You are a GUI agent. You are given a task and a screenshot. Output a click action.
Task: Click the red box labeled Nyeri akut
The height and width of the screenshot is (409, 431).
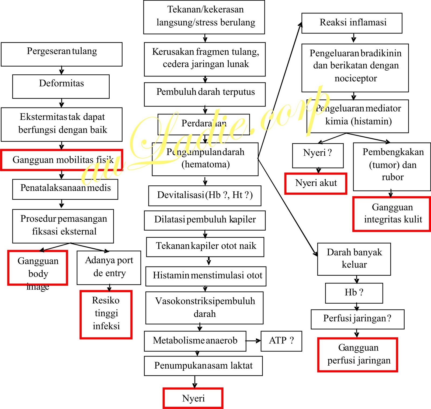pos(316,183)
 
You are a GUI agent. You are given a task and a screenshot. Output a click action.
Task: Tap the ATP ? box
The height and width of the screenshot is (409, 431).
pos(281,341)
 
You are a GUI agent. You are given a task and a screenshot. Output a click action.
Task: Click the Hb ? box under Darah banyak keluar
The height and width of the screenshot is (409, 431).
pos(354,293)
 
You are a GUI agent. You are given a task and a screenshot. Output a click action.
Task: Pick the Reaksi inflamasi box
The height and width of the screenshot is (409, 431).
pos(352,23)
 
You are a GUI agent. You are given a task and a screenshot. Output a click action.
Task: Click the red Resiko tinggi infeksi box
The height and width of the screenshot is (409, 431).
pos(106,314)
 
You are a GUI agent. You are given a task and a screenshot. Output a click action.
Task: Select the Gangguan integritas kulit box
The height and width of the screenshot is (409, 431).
pos(392,214)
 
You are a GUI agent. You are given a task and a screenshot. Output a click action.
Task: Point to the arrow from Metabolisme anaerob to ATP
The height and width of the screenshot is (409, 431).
pos(253,341)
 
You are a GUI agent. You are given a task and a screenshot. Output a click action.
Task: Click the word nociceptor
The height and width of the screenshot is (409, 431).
pos(356,78)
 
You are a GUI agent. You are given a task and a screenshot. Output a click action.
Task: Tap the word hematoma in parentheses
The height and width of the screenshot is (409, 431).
pos(206,164)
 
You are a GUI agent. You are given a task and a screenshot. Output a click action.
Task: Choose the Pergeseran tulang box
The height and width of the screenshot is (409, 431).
pos(62,54)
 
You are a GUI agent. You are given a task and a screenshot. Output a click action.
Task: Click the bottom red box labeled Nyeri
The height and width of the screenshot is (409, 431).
pos(193,398)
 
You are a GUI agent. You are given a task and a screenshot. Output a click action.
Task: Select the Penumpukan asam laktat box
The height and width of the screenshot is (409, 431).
pos(203,366)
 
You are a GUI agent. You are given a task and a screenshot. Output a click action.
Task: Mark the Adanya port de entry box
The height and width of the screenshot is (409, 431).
pos(109,267)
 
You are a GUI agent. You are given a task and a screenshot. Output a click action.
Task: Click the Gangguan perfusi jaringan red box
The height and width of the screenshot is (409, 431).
pos(358,355)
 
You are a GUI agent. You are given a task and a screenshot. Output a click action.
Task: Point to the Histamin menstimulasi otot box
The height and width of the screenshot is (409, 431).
pos(206,276)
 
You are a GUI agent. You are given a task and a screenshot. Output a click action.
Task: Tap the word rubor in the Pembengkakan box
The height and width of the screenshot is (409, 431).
pos(392,177)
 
